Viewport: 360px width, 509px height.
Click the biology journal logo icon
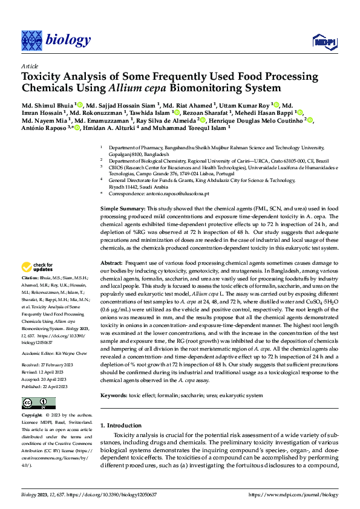(x=31, y=41)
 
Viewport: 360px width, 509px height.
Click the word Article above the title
(x=30, y=66)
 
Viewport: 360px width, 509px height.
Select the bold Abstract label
(x=111, y=264)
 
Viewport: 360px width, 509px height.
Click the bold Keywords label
(x=115, y=395)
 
